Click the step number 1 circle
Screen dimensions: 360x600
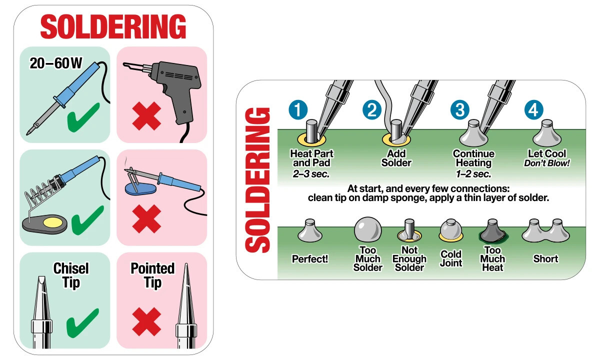[298, 110]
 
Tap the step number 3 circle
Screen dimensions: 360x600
[459, 110]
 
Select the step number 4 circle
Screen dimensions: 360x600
[533, 110]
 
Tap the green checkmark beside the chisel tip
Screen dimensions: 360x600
[82, 322]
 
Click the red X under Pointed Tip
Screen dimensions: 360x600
[146, 321]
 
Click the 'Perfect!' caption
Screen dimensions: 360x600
[310, 259]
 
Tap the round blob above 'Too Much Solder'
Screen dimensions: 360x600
[367, 230]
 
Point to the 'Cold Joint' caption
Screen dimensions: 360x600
[451, 258]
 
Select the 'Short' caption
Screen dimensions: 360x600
[545, 259]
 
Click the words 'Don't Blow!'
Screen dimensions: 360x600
[546, 163]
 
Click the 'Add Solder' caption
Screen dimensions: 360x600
[396, 158]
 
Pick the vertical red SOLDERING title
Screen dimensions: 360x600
[259, 180]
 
